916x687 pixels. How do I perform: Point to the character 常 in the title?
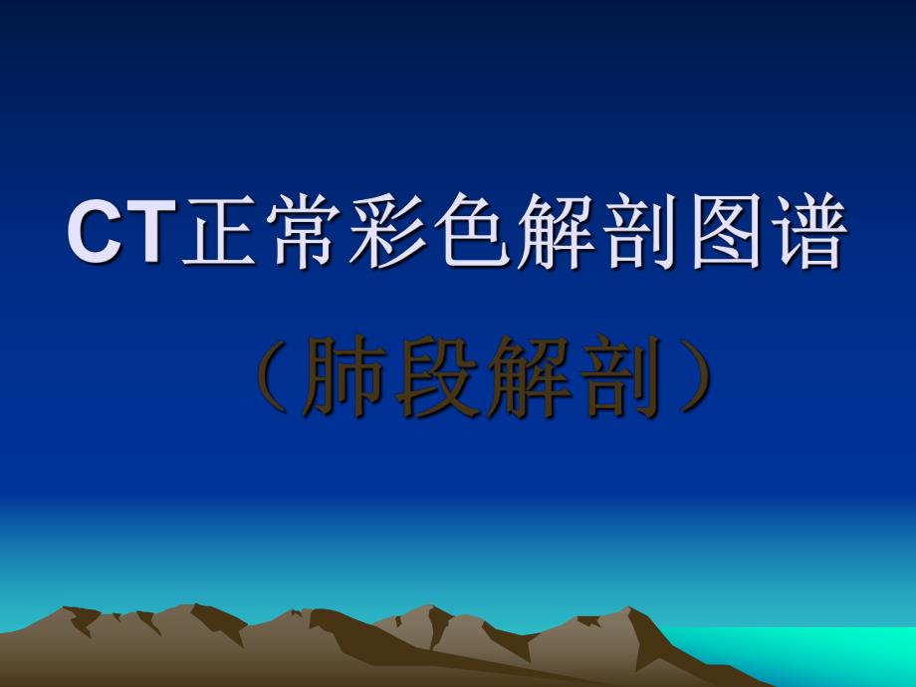click(x=294, y=233)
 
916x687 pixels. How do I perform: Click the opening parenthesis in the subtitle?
click(x=268, y=376)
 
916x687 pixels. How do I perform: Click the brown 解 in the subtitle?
click(x=529, y=376)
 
